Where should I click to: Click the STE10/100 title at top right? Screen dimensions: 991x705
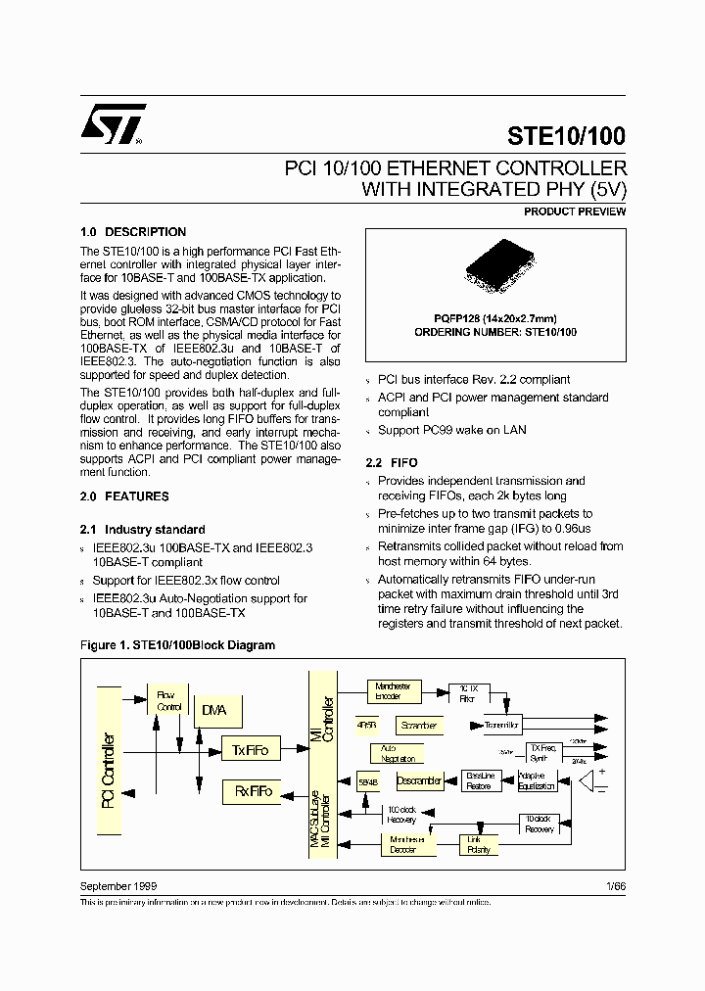click(566, 136)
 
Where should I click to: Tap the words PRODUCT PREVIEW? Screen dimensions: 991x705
click(574, 212)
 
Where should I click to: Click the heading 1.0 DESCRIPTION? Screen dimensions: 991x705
click(132, 232)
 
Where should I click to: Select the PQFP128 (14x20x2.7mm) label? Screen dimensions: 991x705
click(495, 319)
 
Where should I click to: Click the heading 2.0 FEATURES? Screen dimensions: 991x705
click(123, 496)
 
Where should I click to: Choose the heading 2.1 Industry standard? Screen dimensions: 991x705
click(142, 529)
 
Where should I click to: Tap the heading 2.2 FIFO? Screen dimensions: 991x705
click(391, 462)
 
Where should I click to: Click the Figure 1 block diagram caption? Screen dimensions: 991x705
click(177, 645)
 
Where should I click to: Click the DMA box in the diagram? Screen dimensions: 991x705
click(213, 710)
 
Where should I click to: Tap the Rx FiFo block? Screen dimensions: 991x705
click(253, 791)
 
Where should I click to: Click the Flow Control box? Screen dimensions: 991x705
click(169, 700)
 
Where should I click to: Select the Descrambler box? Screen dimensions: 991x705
click(419, 780)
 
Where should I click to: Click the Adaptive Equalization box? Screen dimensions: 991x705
click(538, 780)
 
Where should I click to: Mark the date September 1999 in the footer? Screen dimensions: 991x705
click(117, 885)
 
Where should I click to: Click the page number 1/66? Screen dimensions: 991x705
click(615, 885)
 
